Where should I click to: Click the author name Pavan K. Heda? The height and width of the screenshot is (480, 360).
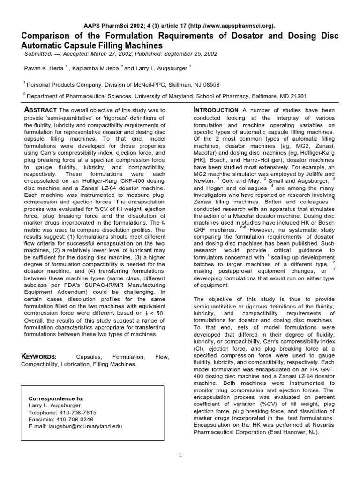44,68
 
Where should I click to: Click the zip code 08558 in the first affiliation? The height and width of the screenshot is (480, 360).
210,84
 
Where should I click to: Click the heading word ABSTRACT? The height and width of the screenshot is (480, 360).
40,110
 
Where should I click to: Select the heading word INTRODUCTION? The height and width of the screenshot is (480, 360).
216,110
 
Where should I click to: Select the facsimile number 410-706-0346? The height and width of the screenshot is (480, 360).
73,420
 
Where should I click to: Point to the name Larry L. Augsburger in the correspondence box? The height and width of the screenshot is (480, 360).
55,405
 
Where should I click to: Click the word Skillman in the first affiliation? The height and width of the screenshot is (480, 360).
176,84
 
